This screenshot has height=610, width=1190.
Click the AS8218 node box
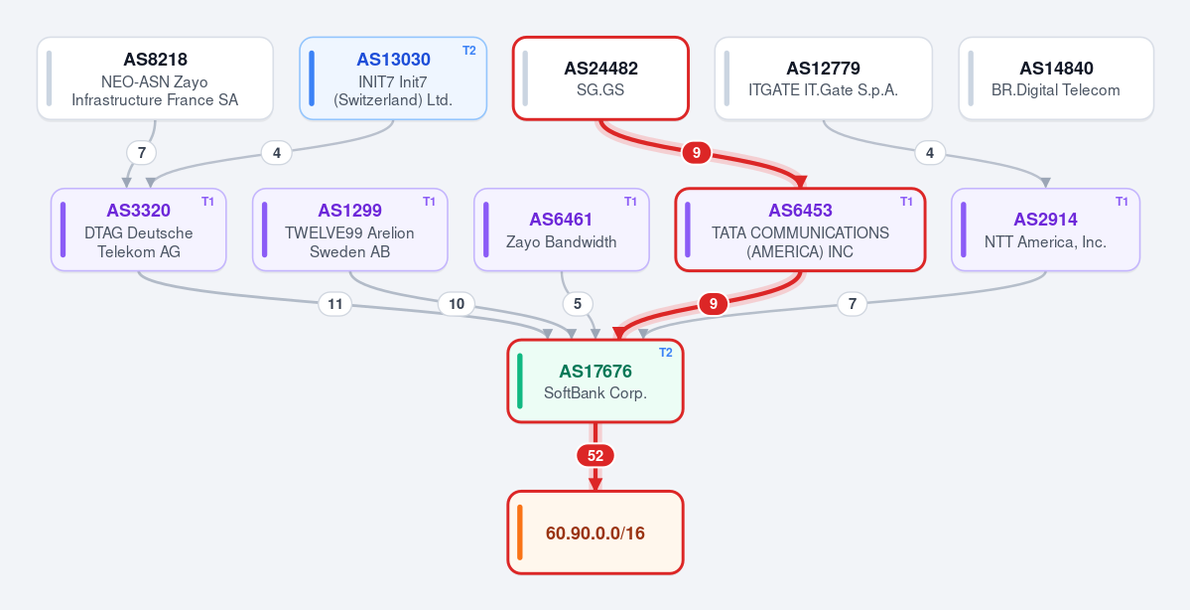pyautogui.click(x=155, y=78)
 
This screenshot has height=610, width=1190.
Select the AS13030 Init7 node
pyautogui.click(x=393, y=78)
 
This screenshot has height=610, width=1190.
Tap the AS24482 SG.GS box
pyautogui.click(x=600, y=78)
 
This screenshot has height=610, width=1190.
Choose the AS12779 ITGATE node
pyautogui.click(x=824, y=78)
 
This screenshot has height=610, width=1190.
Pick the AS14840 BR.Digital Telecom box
pyautogui.click(x=1056, y=78)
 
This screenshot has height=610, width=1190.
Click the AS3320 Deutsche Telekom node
pyautogui.click(x=138, y=229)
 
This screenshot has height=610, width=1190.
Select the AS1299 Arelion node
pyautogui.click(x=350, y=229)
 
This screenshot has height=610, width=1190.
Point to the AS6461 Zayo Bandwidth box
pyautogui.click(x=562, y=229)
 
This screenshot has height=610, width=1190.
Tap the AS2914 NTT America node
pyautogui.click(x=1046, y=229)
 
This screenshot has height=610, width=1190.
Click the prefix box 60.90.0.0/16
pyautogui.click(x=595, y=533)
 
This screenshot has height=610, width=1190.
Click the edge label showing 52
pyautogui.click(x=595, y=456)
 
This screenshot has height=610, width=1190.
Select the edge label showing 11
pyautogui.click(x=334, y=305)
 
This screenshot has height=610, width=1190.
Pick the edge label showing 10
pyautogui.click(x=457, y=305)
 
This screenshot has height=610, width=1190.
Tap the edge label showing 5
pyautogui.click(x=578, y=305)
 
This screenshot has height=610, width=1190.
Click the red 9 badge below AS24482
pyautogui.click(x=697, y=153)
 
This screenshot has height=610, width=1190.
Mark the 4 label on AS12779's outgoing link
pyautogui.click(x=930, y=153)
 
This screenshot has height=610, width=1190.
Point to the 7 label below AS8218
pyautogui.click(x=141, y=153)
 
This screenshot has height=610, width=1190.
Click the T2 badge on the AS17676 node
pyautogui.click(x=666, y=353)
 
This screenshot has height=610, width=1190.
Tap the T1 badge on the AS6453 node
pyautogui.click(x=906, y=202)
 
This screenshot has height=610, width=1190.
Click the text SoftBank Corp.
pyautogui.click(x=595, y=393)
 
